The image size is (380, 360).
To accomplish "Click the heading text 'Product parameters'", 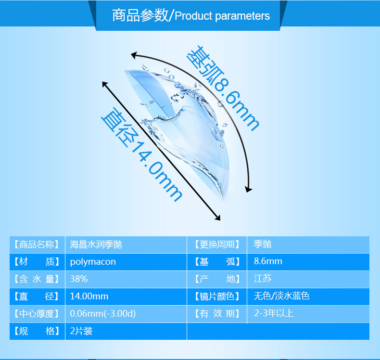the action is (222, 16).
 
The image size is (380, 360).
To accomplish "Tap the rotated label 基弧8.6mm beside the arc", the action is (223, 88).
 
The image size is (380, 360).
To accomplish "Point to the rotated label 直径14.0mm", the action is (142, 154).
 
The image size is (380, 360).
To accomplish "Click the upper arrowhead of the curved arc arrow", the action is (134, 55).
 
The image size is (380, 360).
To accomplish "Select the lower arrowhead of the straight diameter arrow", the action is (217, 218).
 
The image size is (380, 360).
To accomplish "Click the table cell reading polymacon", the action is (93, 262).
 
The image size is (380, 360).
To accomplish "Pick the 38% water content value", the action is (79, 279).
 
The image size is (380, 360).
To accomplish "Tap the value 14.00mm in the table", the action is (89, 296).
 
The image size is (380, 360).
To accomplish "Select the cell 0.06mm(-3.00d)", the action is (103, 314).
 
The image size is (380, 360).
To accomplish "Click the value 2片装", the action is (81, 331).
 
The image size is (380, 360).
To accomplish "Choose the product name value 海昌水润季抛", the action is (96, 244).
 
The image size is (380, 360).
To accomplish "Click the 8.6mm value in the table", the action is (268, 261).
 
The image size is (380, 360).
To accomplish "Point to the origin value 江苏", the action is (263, 279).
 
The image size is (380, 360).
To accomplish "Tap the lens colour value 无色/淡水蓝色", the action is (281, 296).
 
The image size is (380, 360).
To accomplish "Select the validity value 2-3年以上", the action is (274, 313).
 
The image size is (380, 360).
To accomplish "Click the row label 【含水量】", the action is (37, 279).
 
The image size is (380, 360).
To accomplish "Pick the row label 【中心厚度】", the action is (37, 314).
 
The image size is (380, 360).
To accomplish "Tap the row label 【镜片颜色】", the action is (217, 296).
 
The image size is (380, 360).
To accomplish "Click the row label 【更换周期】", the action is (217, 244).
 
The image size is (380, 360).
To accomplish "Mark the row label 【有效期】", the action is (217, 313).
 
